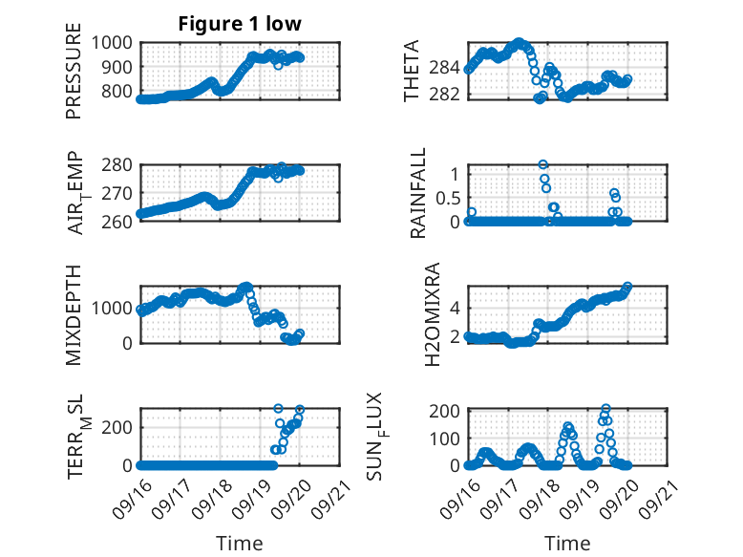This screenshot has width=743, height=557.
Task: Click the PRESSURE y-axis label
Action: pyautogui.click(x=74, y=77)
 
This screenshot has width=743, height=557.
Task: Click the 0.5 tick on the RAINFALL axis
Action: pyautogui.click(x=447, y=198)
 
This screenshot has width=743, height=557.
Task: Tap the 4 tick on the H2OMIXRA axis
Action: pyautogui.click(x=454, y=308)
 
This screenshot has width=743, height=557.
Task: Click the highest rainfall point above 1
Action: pyautogui.click(x=543, y=164)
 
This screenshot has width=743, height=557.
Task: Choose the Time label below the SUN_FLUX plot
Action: pyautogui.click(x=567, y=544)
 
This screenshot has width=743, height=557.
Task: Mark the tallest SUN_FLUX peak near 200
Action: pyautogui.click(x=605, y=409)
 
